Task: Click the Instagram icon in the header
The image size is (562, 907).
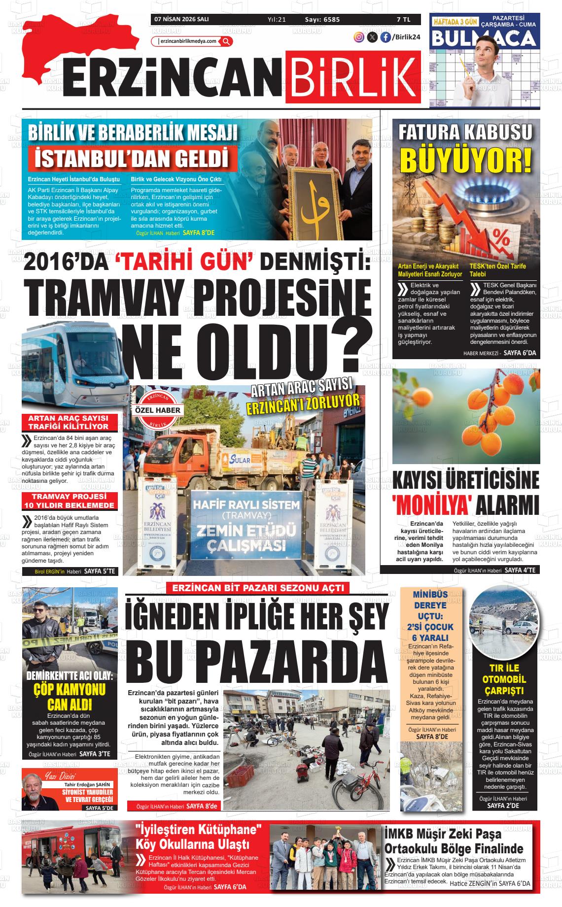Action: click(x=359, y=37)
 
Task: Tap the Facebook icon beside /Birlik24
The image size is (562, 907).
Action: click(x=385, y=37)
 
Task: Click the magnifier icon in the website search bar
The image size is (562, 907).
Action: click(x=226, y=41)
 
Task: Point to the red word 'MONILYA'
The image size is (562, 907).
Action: click(x=429, y=505)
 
